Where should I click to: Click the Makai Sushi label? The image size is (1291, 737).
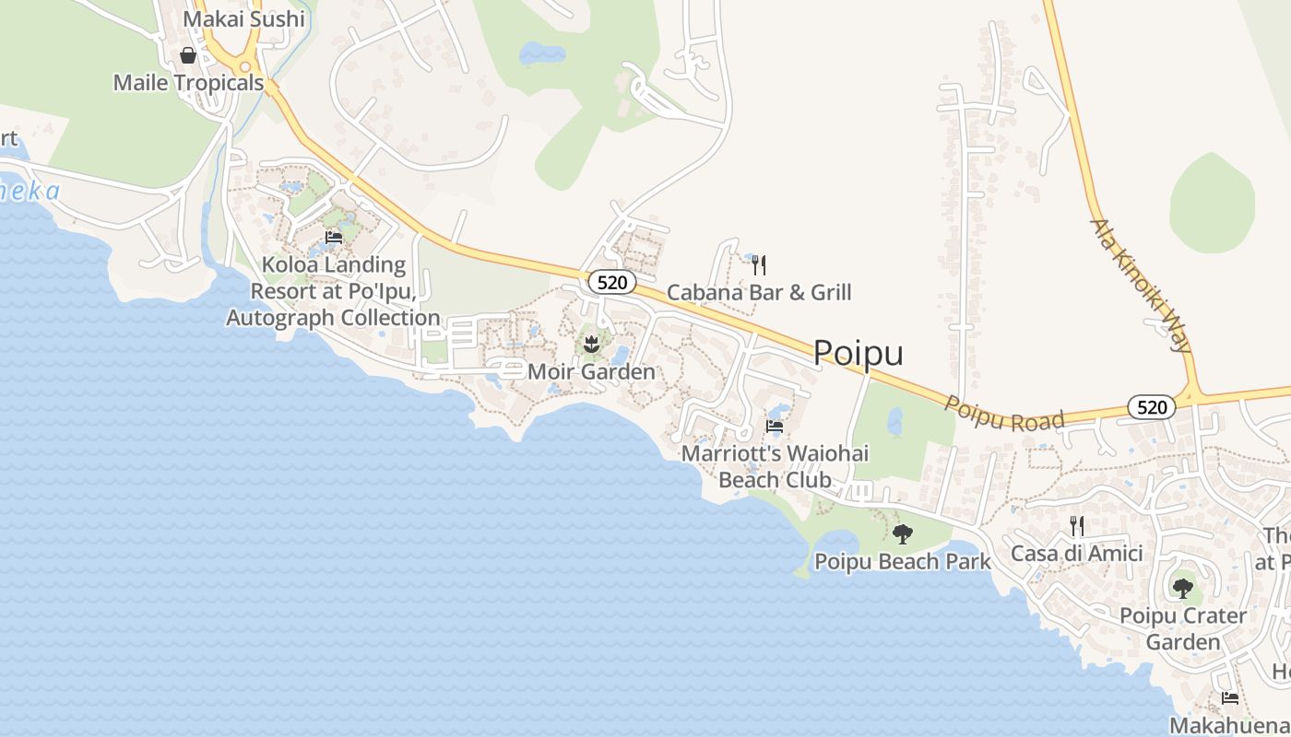[243, 18]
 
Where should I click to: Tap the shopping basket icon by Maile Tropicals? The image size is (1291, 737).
[188, 55]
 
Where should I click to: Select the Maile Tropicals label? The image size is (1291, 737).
[188, 83]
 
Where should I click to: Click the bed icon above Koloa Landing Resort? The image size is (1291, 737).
[334, 238]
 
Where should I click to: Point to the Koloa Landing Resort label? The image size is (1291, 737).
[333, 291]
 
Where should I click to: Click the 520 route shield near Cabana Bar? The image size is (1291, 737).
[612, 282]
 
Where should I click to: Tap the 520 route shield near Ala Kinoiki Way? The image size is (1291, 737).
[1151, 406]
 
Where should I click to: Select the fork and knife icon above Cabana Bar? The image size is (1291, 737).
[759, 265]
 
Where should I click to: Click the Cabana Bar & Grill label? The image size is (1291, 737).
[759, 293]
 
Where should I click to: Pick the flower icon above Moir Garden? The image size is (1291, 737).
[591, 345]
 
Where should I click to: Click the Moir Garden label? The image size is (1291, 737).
[591, 372]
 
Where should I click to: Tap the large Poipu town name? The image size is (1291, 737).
[858, 353]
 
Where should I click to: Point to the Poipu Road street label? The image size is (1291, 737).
[1004, 414]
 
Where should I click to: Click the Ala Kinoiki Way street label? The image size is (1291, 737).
[1141, 286]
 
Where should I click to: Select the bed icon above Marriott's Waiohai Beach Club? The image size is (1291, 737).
[775, 427]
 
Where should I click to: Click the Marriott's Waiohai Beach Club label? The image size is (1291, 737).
[775, 467]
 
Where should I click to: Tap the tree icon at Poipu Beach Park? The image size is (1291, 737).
[903, 533]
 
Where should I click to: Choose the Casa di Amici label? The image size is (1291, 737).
[1076, 554]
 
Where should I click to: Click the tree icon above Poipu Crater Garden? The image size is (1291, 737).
[1182, 588]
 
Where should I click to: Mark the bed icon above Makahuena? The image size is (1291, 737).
[1229, 698]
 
